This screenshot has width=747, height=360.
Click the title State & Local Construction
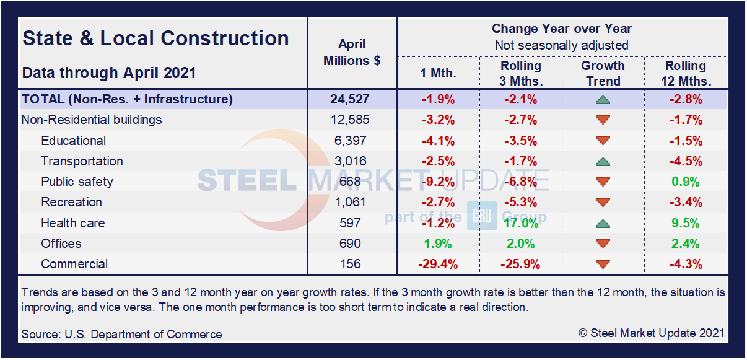point(155,38)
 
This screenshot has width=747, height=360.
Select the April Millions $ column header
point(352,53)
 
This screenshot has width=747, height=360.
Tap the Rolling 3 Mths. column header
point(520,73)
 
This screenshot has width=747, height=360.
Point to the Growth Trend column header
point(603,73)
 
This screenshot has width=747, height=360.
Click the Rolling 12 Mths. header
point(685,73)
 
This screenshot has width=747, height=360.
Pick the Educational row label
point(73,141)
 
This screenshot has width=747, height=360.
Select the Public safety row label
point(77,182)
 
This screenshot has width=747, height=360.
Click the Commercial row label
point(74,264)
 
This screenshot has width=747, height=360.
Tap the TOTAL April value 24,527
point(352,99)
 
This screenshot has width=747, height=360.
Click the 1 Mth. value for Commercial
point(437,264)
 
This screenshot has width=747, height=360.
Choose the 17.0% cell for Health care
point(520,223)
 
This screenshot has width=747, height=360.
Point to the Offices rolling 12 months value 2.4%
point(685,244)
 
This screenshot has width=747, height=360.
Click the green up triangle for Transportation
point(603,162)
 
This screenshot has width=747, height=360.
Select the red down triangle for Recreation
point(603,203)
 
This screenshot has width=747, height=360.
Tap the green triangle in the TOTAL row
point(603,100)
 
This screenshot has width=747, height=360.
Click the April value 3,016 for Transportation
point(352,161)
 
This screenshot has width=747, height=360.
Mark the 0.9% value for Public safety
point(685,182)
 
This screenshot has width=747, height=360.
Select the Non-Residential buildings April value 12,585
point(352,120)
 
